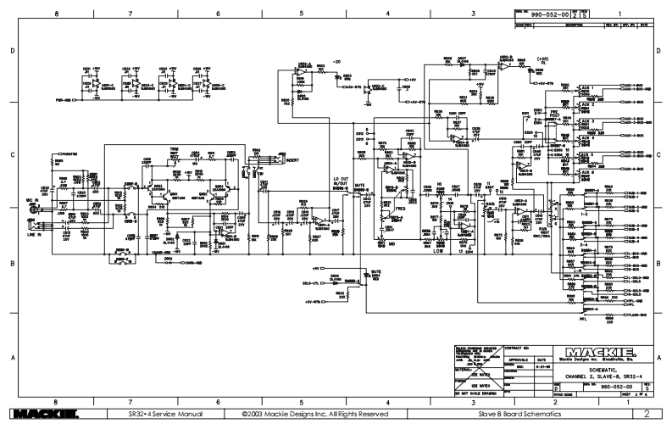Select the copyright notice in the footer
point(315,415)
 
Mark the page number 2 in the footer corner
point(646,415)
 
